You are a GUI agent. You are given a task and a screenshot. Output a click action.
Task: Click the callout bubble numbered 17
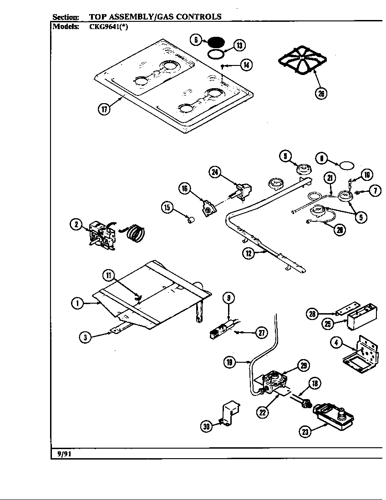coord(104,110)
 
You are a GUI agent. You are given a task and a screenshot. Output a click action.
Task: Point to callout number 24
coord(215,172)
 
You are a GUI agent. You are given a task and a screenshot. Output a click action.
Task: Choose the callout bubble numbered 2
coord(76,224)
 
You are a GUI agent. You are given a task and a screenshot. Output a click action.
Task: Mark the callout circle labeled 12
coord(248,254)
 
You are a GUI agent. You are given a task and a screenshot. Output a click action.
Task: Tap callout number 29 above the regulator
coord(303,365)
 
